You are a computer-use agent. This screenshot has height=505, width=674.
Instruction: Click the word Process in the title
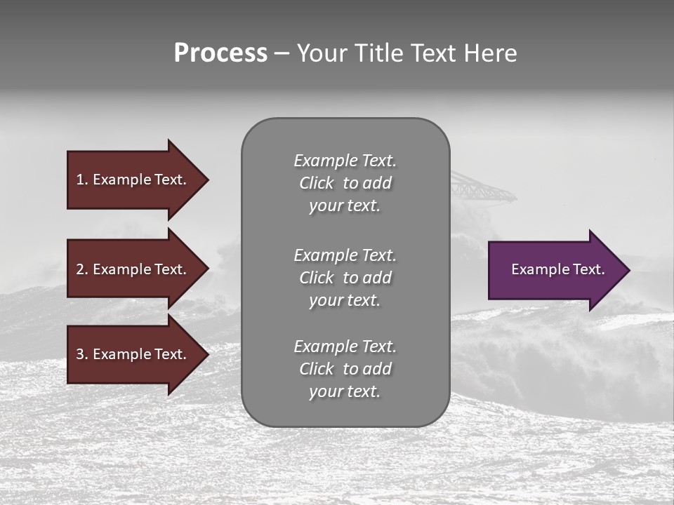point(220,53)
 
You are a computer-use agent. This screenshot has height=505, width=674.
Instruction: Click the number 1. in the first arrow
point(81,180)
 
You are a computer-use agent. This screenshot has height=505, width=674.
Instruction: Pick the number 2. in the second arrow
point(81,269)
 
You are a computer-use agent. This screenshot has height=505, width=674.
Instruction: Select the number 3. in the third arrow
point(81,354)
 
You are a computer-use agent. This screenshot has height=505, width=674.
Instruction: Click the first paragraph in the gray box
point(345,183)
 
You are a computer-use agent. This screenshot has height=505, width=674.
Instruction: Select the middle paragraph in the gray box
point(345,278)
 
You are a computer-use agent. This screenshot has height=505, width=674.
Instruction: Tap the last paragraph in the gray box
point(345,369)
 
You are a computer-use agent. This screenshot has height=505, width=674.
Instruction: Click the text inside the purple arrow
point(557,269)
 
